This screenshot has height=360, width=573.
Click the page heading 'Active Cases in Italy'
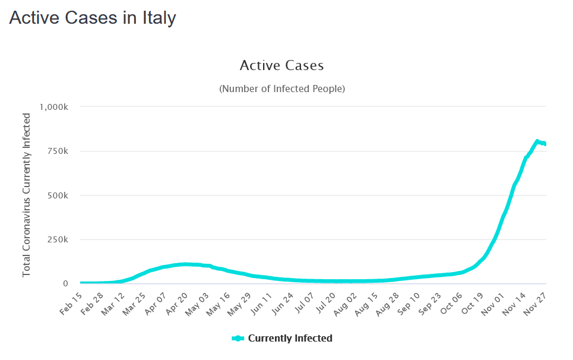(x=93, y=18)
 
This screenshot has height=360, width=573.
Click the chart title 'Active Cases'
(x=281, y=65)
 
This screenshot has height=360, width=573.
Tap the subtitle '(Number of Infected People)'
(x=282, y=89)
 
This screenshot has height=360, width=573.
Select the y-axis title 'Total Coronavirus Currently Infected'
(x=27, y=194)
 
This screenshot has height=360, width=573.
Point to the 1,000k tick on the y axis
(x=55, y=107)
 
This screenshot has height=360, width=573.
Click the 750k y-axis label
(x=58, y=151)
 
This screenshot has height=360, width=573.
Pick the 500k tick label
(x=58, y=195)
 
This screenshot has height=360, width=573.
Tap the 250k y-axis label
(x=58, y=239)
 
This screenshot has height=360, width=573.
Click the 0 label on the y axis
(x=66, y=283)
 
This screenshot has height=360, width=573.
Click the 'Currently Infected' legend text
(x=290, y=339)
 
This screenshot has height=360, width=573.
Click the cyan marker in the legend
(x=238, y=339)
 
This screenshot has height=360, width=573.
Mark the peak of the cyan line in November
(x=537, y=141)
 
